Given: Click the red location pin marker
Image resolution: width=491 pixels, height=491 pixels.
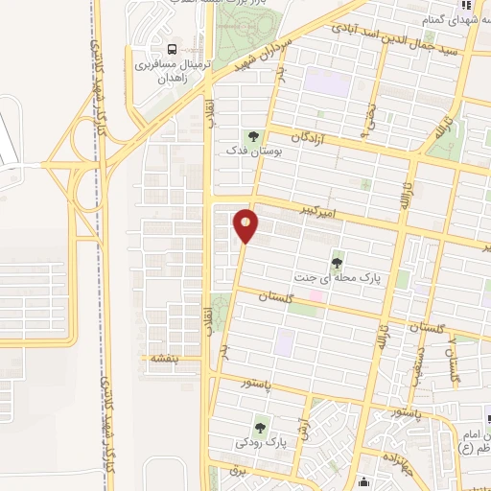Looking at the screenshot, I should [x=246, y=225].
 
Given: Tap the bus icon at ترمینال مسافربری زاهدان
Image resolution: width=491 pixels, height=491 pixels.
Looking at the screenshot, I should [x=172, y=49].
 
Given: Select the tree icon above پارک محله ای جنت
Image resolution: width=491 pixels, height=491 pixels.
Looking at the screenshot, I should [x=338, y=260].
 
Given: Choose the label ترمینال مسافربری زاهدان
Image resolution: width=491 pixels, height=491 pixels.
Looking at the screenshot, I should [x=170, y=72].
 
